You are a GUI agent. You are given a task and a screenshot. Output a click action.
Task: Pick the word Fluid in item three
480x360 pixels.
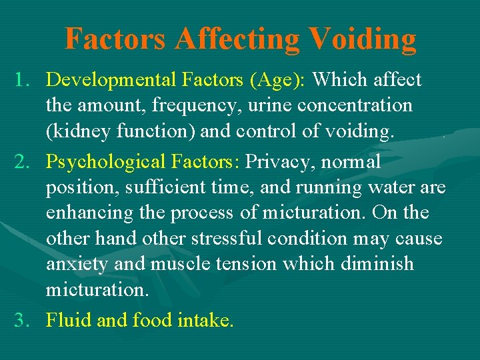pos(69,321)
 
